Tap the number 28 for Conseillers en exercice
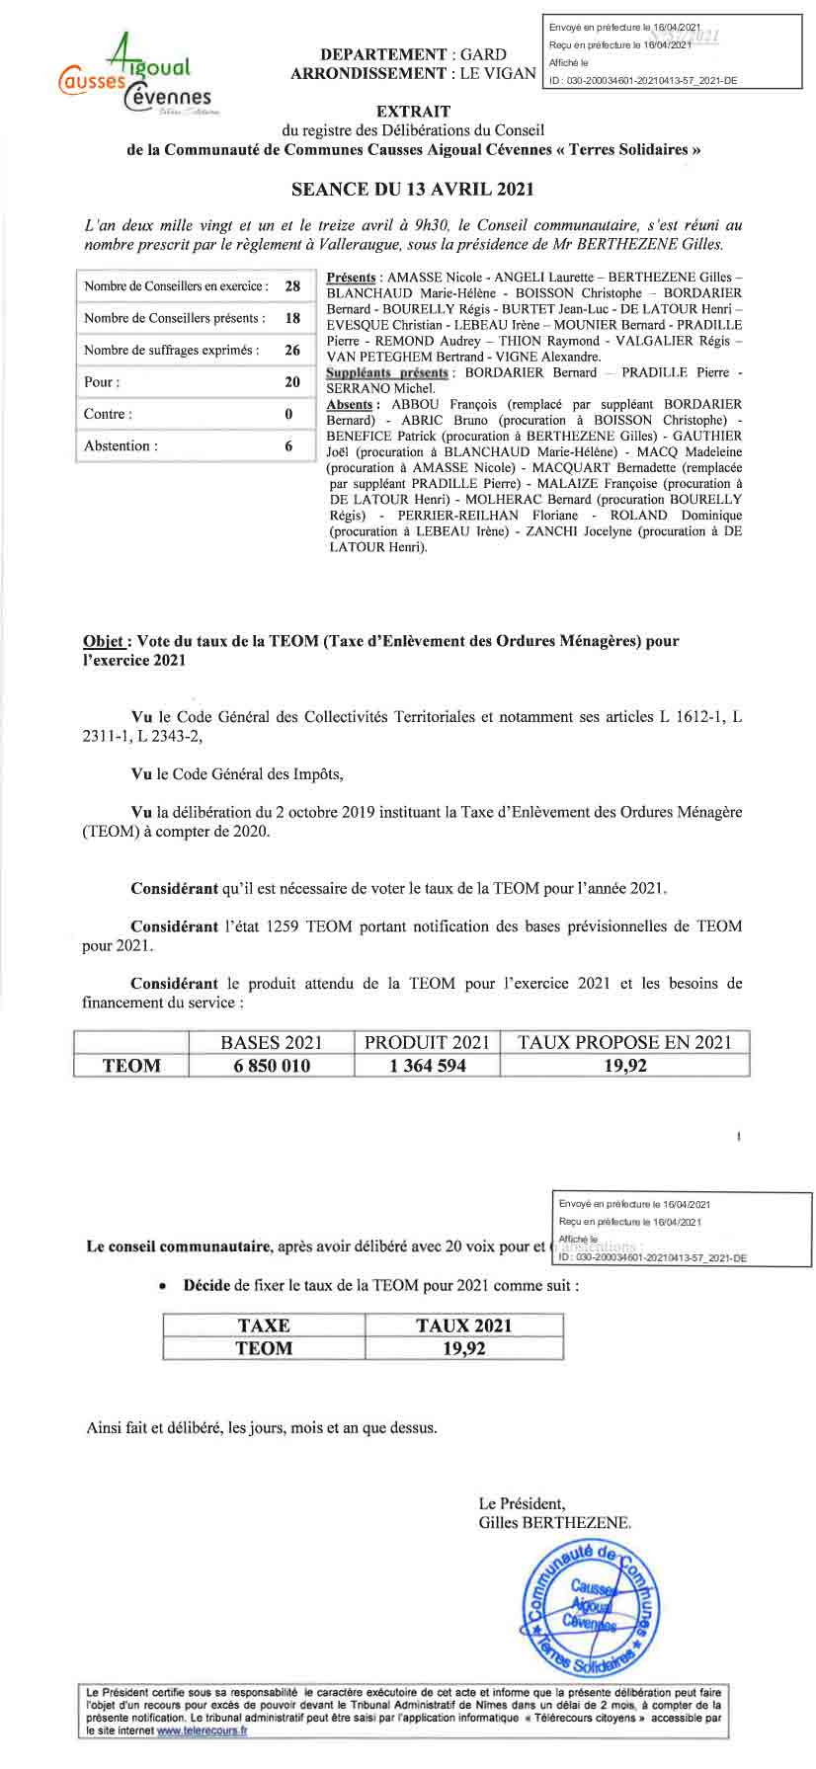coord(292,286)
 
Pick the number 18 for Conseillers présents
coord(292,318)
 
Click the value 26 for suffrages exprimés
coord(292,350)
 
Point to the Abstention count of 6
coord(289,445)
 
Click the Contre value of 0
coord(289,414)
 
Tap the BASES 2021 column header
coord(271,1042)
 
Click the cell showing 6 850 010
coord(271,1066)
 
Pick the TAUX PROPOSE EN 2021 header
coord(624,1042)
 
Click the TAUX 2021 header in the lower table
coord(463,1326)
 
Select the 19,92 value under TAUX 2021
coord(463,1348)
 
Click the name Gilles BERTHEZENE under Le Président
coord(553,1523)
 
